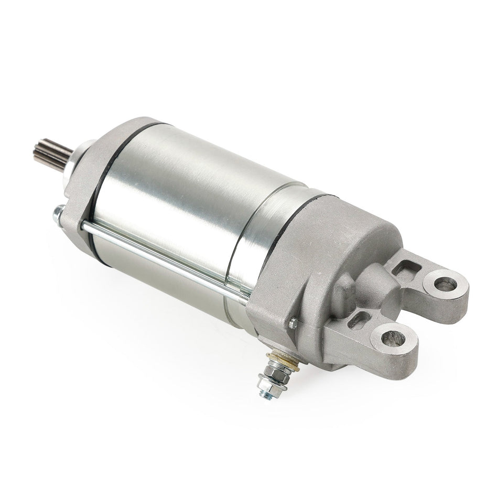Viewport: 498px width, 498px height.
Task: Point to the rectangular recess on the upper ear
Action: tap(404, 270)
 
